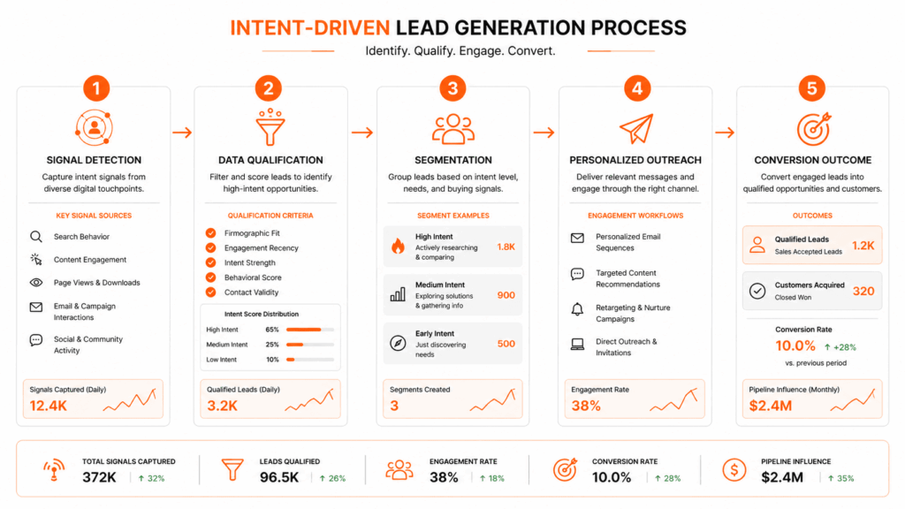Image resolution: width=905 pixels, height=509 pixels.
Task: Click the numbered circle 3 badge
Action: [x=453, y=88]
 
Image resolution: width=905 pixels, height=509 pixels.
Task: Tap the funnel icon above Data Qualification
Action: [x=270, y=128]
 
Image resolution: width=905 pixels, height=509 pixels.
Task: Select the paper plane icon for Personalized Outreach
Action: [x=635, y=129]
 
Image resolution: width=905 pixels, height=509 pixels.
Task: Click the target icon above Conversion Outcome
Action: [x=813, y=129]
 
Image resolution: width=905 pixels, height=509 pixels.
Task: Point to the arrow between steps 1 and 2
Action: [x=183, y=133]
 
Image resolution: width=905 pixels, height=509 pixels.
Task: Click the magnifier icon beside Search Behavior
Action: [x=36, y=237]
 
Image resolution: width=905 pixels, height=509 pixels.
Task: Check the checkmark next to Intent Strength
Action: [x=210, y=262]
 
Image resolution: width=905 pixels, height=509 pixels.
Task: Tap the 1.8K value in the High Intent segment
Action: [x=506, y=247]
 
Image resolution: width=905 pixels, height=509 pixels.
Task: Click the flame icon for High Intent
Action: [x=397, y=247]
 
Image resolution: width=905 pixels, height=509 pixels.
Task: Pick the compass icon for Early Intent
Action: [x=397, y=344]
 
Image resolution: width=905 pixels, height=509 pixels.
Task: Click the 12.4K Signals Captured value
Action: [x=49, y=406]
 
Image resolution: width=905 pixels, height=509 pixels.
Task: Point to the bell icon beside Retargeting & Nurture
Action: [x=577, y=308]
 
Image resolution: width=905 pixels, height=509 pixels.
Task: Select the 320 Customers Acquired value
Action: [x=863, y=291]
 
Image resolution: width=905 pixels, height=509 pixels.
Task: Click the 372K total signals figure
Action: [x=100, y=477]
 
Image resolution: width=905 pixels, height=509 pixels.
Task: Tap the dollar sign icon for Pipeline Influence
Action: [x=734, y=470]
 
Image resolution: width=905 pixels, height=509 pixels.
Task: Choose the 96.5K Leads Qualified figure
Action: [x=279, y=477]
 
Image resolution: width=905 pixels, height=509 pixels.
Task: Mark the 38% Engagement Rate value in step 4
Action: [x=586, y=406]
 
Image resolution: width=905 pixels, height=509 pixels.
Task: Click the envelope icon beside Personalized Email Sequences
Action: [x=577, y=238]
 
